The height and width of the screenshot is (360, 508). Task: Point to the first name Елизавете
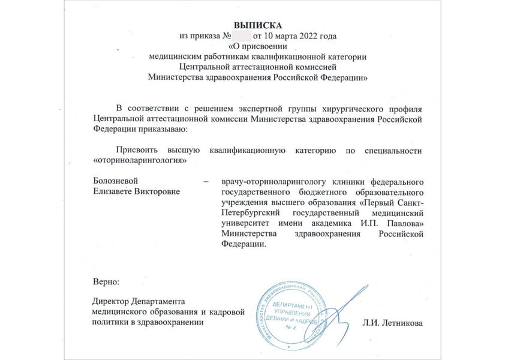pos(115,191)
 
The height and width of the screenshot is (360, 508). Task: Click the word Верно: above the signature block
pos(107,281)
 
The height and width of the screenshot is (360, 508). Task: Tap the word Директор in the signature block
pos(113,301)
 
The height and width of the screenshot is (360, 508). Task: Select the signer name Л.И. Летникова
pos(392,323)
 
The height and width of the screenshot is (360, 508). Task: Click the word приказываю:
pos(164,129)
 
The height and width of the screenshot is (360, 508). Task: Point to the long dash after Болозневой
pos(206,181)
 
